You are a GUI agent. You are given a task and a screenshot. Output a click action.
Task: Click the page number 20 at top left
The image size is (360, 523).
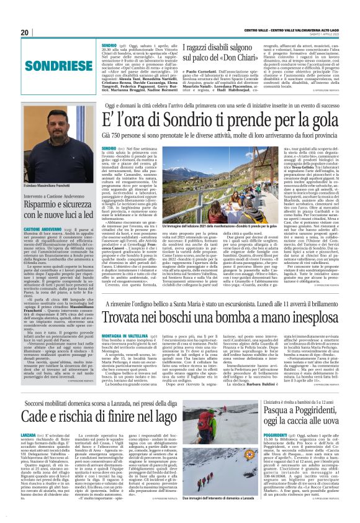click(25, 32)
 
